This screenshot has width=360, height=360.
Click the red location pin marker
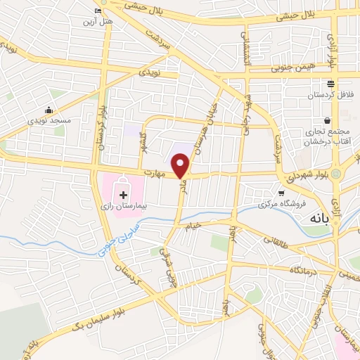coord(181,166)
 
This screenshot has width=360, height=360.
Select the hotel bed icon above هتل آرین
coord(98,11)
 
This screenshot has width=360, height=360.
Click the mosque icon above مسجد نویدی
coord(49,109)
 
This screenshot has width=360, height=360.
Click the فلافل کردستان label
coord(328,95)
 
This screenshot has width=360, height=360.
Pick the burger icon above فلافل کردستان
coord(328,83)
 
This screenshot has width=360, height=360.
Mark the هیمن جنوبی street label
coord(300,68)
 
